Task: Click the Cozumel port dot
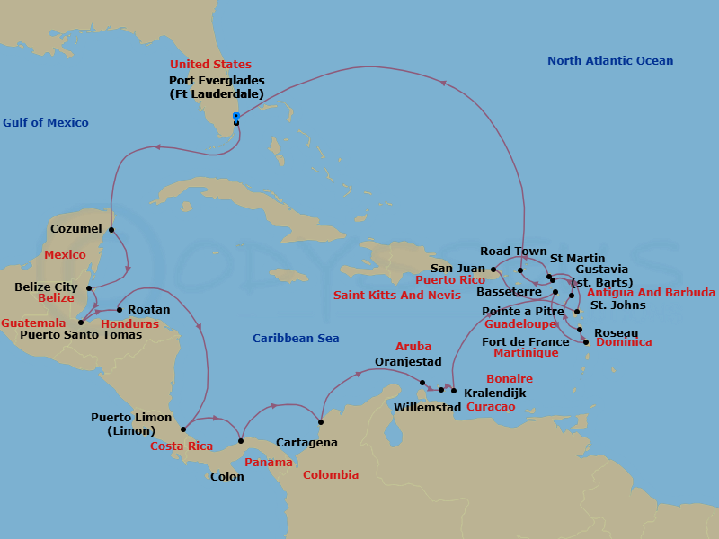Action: tap(111, 230)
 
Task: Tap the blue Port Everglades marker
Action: tap(236, 116)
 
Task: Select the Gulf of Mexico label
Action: tap(45, 122)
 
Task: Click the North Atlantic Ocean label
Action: tap(610, 61)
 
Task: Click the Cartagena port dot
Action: tap(321, 421)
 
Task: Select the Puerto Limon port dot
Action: tap(183, 429)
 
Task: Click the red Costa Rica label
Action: tap(181, 446)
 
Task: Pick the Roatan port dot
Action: tap(120, 310)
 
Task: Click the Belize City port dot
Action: tap(88, 287)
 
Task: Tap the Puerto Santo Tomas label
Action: tap(80, 335)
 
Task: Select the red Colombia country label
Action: tap(330, 474)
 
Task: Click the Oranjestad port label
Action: tap(409, 363)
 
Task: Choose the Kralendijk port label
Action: tap(494, 393)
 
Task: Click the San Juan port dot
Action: tap(494, 268)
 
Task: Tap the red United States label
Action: tap(210, 65)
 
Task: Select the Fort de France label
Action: tap(526, 341)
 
